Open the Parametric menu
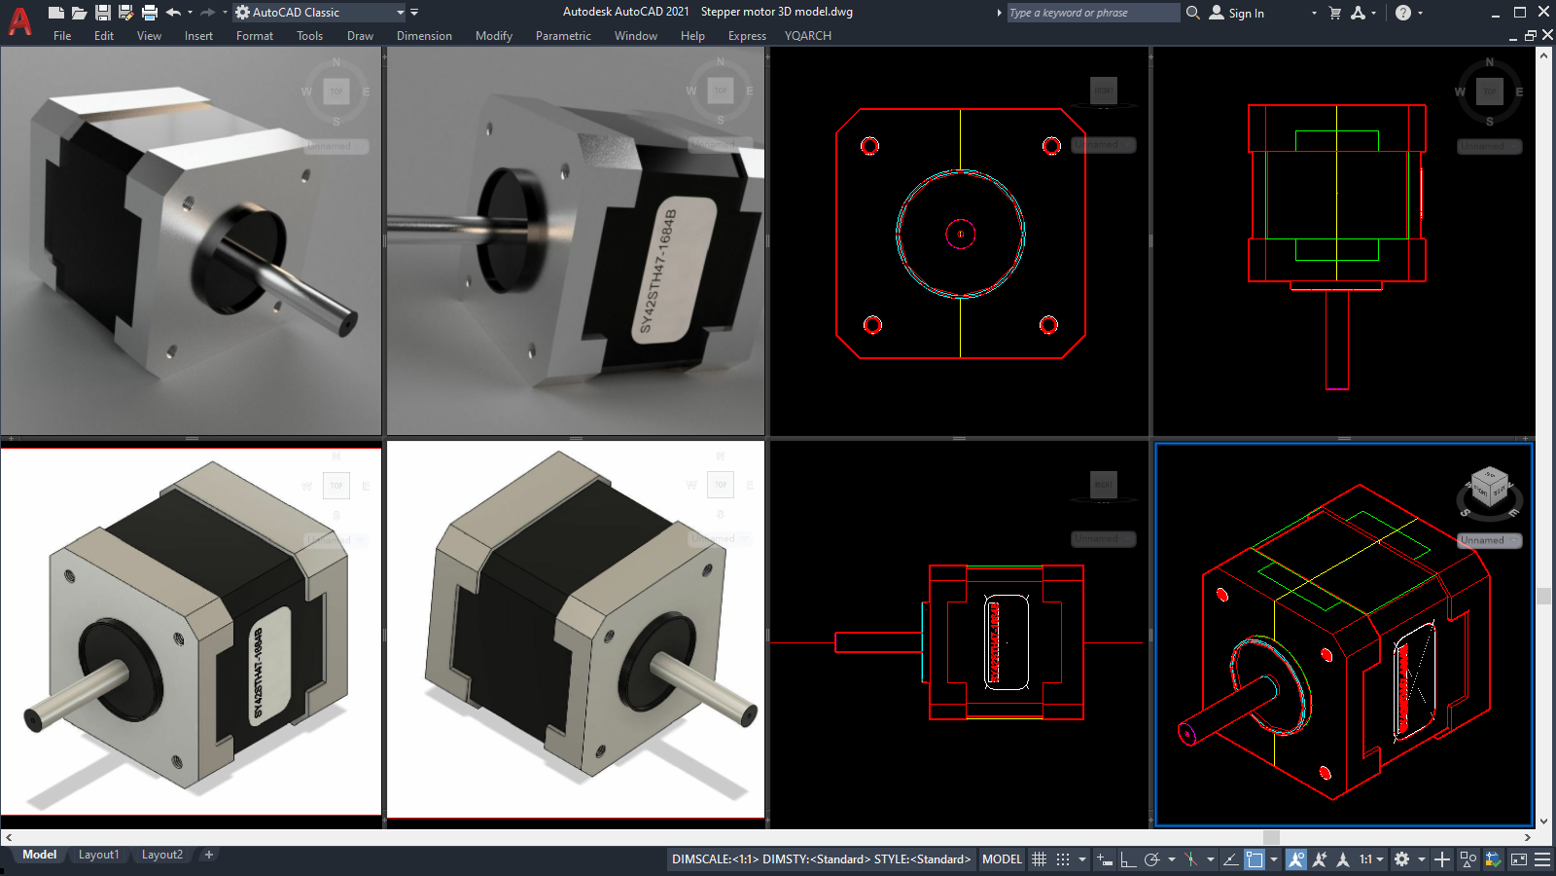563,36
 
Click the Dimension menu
424,36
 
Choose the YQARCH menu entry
807,36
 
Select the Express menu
747,36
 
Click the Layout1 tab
98,855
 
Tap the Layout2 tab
161,855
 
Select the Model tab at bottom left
39,855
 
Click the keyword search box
1092,13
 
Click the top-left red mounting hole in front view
869,146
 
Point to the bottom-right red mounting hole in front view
1048,325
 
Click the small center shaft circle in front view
961,234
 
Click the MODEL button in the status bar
1002,859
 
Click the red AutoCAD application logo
19,20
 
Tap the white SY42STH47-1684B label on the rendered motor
672,269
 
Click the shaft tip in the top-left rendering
347,324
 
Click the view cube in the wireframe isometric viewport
1489,484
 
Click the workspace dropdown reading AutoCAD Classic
321,13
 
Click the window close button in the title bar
1543,12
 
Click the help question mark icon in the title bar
1402,13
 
